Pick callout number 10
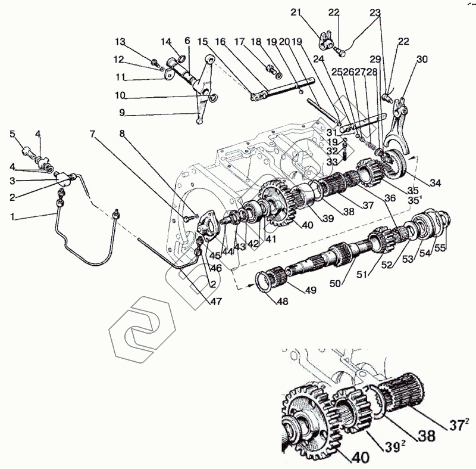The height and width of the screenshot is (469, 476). [120, 94]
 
